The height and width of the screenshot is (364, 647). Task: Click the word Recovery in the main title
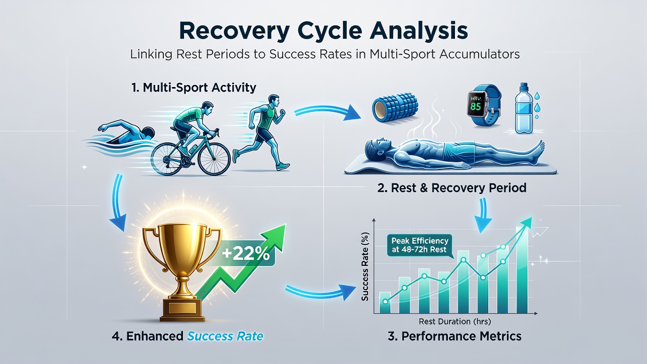coord(234,31)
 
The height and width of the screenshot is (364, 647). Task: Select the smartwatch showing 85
coord(483,105)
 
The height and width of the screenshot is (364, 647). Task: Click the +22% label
coord(246,254)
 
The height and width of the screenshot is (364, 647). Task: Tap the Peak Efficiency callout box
coord(420,245)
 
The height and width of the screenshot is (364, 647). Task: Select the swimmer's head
coord(149,133)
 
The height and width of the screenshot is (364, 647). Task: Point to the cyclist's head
coord(207,107)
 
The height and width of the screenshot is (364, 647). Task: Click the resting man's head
coord(376,147)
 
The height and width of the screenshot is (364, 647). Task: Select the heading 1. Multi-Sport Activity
coord(194,87)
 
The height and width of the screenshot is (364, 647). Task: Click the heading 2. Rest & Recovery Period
coord(452,188)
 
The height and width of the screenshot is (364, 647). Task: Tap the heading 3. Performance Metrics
coord(454,336)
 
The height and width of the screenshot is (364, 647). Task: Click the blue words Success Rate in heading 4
coord(225,336)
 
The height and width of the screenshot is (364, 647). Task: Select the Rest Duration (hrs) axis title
coord(454,321)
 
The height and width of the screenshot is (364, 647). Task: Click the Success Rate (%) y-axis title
coord(365,266)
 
